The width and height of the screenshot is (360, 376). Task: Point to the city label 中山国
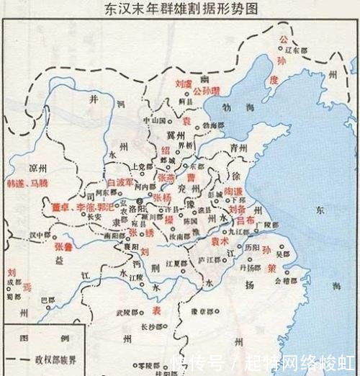[154, 120]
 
